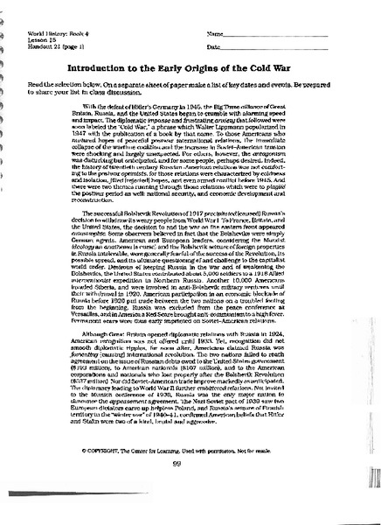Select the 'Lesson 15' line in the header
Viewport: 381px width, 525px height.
point(32,39)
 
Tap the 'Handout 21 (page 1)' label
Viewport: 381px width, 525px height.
point(48,46)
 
